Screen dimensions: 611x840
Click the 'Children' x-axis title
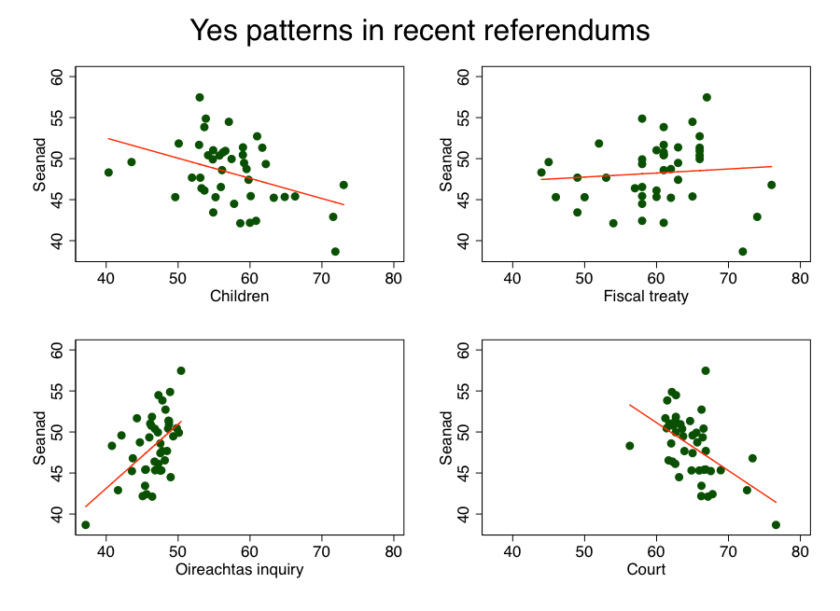point(240,298)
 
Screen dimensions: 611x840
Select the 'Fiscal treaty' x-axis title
point(646,298)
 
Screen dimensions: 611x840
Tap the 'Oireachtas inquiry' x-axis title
point(240,570)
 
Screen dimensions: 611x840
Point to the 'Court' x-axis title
point(646,570)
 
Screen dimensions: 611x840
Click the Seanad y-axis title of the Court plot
point(445,437)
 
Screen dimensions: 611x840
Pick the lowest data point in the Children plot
point(335,252)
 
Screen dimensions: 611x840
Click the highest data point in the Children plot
point(200,97)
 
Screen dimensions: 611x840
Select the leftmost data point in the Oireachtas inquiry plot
point(86,525)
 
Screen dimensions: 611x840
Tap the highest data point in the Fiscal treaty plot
point(707,97)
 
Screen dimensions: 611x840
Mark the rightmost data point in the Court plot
point(776,525)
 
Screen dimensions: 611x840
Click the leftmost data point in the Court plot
point(629,446)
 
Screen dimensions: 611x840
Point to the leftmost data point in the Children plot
point(108,173)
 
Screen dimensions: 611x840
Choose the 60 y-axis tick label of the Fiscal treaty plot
point(464,76)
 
